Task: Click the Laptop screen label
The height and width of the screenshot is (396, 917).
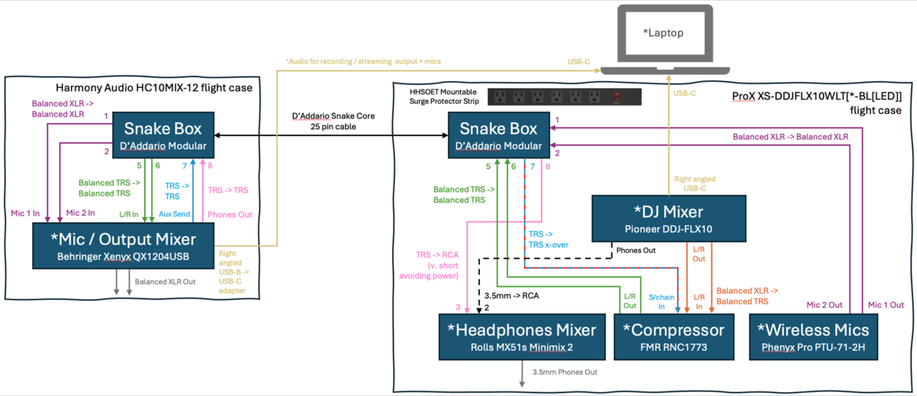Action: coord(663,34)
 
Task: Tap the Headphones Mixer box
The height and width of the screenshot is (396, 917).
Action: coord(521,337)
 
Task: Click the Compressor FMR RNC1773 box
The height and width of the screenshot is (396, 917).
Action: coord(673,337)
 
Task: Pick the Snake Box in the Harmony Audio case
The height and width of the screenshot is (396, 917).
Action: coord(164,135)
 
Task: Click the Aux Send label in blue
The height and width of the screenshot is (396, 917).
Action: coord(175,215)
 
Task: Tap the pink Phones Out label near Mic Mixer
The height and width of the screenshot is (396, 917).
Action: coord(229,215)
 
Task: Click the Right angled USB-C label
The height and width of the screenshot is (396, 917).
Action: coord(694,183)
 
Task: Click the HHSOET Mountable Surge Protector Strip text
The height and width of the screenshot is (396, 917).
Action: coord(444,97)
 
